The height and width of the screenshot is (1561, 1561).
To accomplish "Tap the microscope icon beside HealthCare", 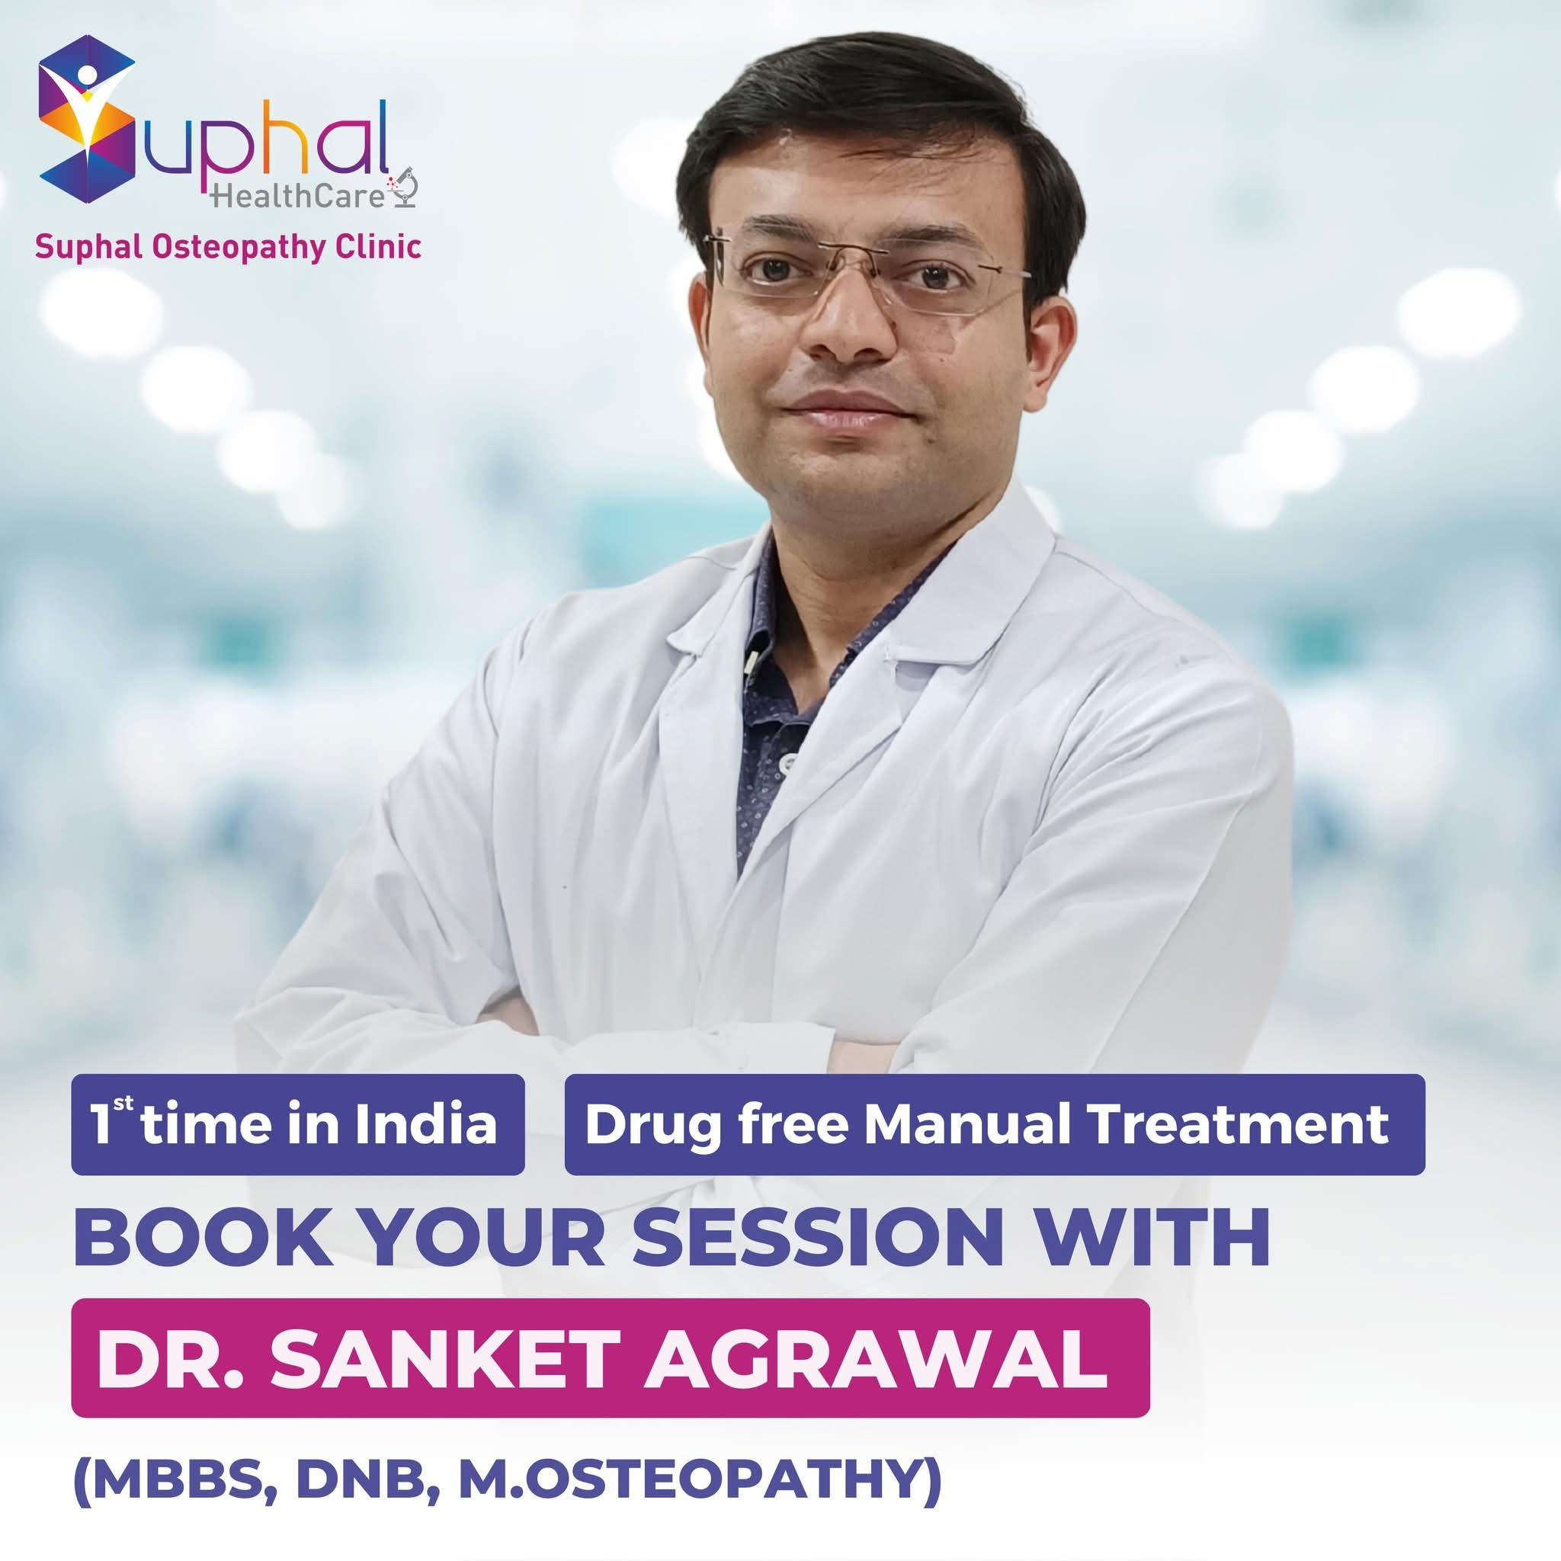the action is pos(402,188).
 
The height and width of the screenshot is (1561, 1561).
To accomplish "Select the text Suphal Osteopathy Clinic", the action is pos(228,246).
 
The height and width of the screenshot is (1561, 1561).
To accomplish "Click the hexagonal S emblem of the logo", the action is pos(86,113).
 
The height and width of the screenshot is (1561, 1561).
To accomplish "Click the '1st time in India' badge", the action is pos(298,1125).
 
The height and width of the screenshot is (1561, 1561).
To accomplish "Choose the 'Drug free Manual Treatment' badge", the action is pos(995,1125).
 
